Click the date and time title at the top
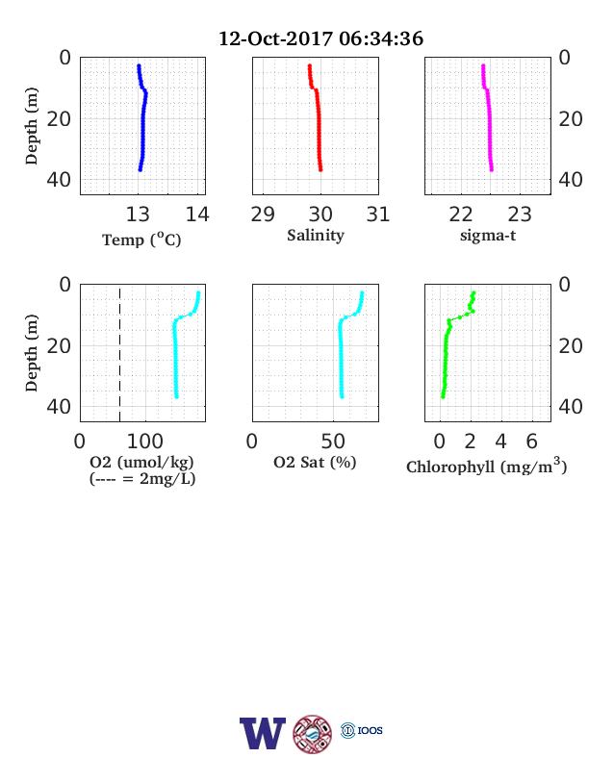[x=320, y=38]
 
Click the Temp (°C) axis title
[x=141, y=240]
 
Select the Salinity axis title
[x=316, y=235]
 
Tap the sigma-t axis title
[x=488, y=236]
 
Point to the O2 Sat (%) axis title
[x=315, y=462]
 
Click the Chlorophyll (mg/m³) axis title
[x=486, y=466]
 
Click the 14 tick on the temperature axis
[x=197, y=215]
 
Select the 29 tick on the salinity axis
[x=263, y=215]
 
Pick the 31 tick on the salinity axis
[x=378, y=215]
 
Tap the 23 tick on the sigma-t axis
[x=520, y=215]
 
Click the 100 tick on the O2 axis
[x=145, y=442]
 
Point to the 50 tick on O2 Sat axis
[x=333, y=442]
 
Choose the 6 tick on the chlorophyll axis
[x=532, y=442]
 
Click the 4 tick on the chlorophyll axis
[x=500, y=442]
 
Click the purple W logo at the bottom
[x=263, y=733]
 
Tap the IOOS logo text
[x=370, y=730]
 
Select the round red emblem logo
[x=313, y=734]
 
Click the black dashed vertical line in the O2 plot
[x=120, y=354]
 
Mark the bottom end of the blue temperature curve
[x=141, y=169]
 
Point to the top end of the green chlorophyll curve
[x=474, y=292]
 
